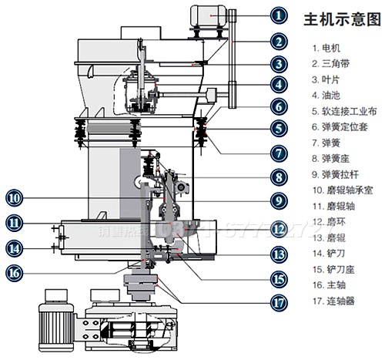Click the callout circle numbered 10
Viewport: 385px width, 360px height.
pyautogui.click(x=15, y=196)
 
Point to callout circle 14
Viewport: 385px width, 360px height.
pyautogui.click(x=15, y=248)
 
